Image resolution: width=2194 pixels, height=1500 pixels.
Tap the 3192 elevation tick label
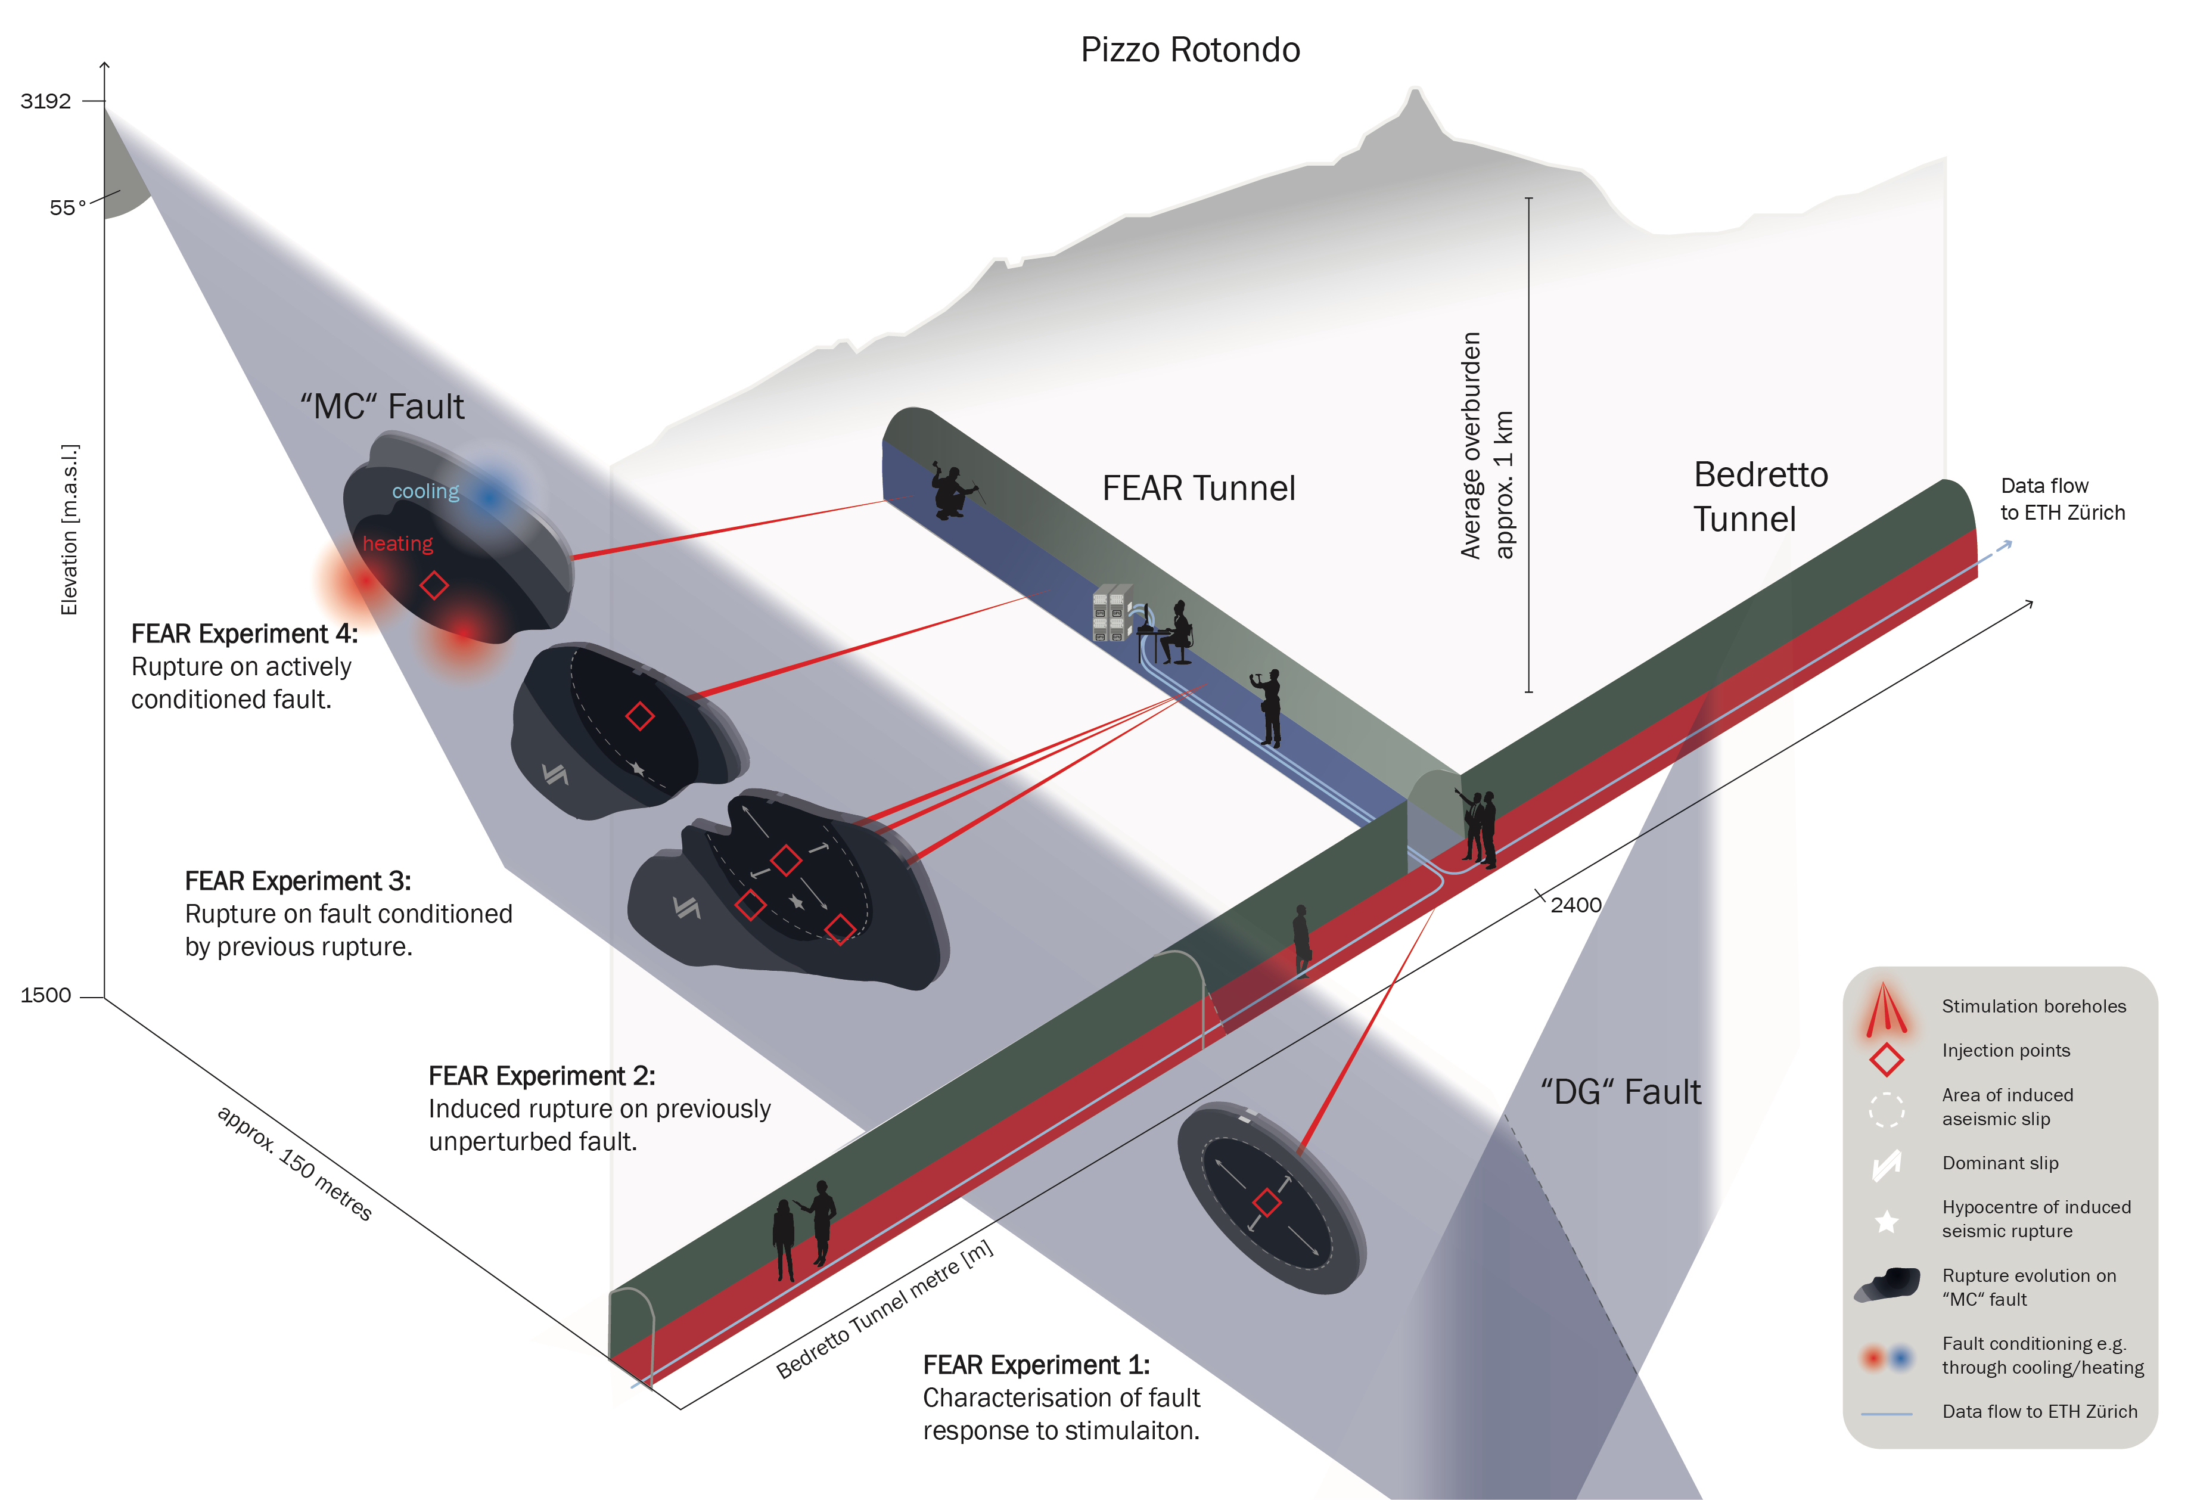(45, 101)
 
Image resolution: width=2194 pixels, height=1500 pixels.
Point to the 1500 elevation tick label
(45, 995)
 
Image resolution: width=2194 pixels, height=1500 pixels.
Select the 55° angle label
(67, 207)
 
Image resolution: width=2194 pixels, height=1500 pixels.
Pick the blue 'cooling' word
(425, 491)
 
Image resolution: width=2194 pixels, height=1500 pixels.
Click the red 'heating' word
(397, 544)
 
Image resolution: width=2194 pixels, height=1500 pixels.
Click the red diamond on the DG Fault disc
(1267, 1201)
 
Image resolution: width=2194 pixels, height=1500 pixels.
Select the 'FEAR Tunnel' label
(1198, 488)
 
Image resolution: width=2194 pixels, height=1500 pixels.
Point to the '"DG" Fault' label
(1620, 1092)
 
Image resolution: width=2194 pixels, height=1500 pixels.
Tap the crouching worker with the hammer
(952, 491)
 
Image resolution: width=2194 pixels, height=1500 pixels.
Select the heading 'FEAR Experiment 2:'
(541, 1076)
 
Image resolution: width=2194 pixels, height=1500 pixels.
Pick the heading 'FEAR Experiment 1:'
(1036, 1365)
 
